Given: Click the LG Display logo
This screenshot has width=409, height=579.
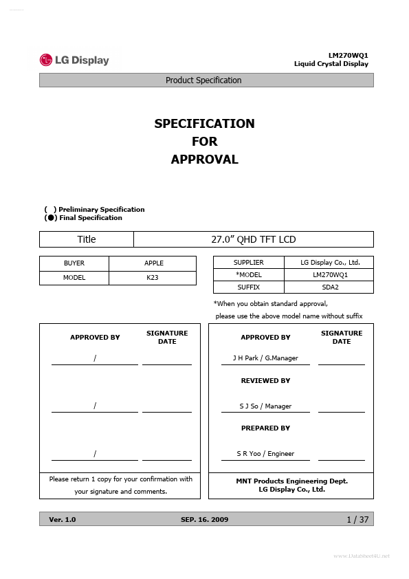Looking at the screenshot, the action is [x=74, y=61].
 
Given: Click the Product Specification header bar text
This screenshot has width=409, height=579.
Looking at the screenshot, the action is [x=203, y=80].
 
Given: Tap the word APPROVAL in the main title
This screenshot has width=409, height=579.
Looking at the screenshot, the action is [x=204, y=160].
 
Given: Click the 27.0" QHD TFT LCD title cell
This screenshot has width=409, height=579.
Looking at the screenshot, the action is [x=253, y=239].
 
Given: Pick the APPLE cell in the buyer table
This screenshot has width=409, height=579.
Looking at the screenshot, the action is [x=154, y=263].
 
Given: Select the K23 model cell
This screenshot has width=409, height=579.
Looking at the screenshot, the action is [x=153, y=278].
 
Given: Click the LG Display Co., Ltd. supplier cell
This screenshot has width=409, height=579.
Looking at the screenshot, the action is [x=330, y=263].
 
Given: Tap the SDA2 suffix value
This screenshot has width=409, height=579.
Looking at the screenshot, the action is [x=331, y=287].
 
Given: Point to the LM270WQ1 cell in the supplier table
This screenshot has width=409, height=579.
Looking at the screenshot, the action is [x=331, y=275].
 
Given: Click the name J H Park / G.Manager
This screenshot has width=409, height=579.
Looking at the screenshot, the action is [x=265, y=358].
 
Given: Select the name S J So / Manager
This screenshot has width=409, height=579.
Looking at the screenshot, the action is [x=265, y=406].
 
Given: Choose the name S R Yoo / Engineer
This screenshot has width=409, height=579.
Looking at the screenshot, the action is [x=265, y=454].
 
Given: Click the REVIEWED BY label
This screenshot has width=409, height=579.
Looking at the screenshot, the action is [x=265, y=380].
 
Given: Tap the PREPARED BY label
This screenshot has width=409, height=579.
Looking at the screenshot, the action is [x=265, y=428].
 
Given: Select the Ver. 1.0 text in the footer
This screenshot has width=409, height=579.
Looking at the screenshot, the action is [x=63, y=520].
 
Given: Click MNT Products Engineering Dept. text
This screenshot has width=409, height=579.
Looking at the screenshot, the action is [x=291, y=481].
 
